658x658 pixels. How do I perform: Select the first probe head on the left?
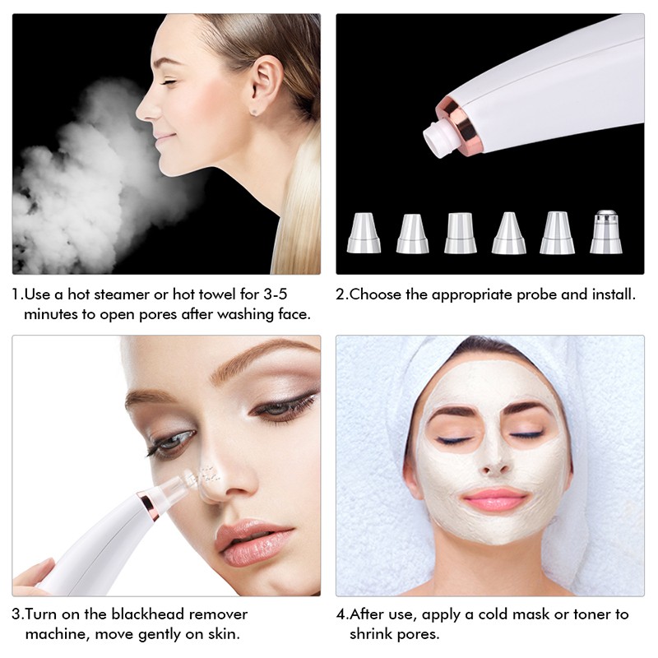363,233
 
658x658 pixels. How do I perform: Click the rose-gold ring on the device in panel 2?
465,127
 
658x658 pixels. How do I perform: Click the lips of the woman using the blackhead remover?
248,543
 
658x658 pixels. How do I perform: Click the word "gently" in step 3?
164,634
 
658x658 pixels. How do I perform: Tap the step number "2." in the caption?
342,294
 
